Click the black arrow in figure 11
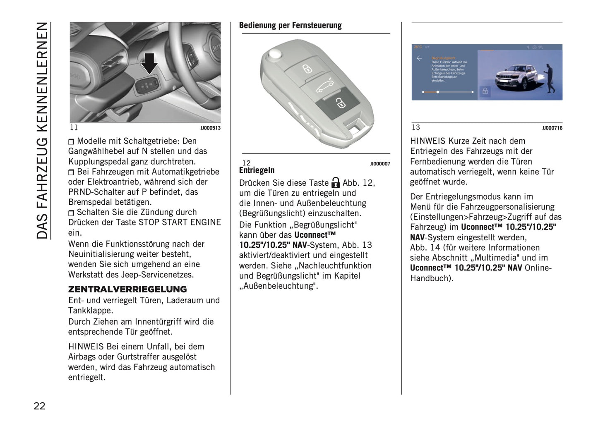click(149, 62)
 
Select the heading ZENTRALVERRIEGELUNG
click(127, 289)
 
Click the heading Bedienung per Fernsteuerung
click(290, 26)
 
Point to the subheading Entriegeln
click(257, 170)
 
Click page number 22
click(39, 406)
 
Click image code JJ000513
click(210, 128)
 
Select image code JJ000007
click(379, 164)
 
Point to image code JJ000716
click(552, 128)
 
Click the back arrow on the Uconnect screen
click(419, 59)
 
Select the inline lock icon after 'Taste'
click(336, 182)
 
